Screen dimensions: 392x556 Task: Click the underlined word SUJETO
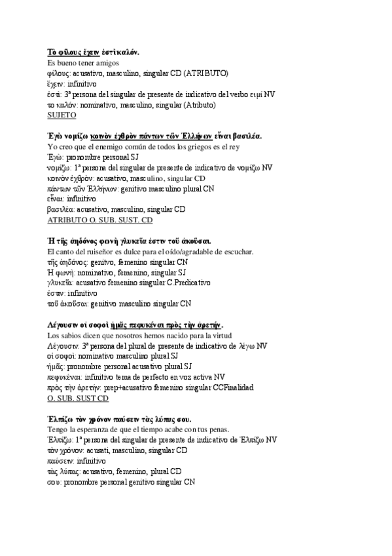coord(62,115)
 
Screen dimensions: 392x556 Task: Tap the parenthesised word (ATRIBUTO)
coord(206,73)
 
